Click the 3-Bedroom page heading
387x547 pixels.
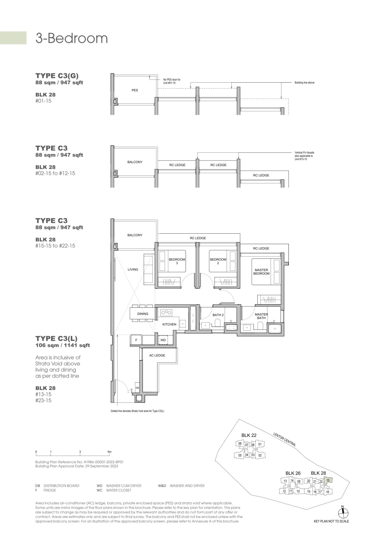pyautogui.click(x=71, y=38)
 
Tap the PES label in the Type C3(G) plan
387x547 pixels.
pyautogui.click(x=135, y=90)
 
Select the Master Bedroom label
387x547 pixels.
pyautogui.click(x=261, y=272)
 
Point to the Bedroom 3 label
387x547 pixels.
pyautogui.click(x=177, y=261)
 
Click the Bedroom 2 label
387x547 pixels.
pyautogui.click(x=218, y=261)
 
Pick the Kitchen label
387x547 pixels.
pyautogui.click(x=169, y=324)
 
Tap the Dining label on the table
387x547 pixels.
pyautogui.click(x=143, y=314)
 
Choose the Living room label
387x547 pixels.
pyautogui.click(x=133, y=269)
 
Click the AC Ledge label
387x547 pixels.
pyautogui.click(x=157, y=355)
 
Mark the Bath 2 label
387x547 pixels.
pyautogui.click(x=218, y=315)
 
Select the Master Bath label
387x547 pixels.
pyautogui.click(x=261, y=316)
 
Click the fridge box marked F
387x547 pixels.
pyautogui.click(x=136, y=340)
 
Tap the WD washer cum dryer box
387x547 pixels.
pyautogui.click(x=163, y=340)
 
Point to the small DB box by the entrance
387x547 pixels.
pyautogui.click(x=137, y=388)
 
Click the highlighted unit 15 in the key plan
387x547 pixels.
pyautogui.click(x=328, y=481)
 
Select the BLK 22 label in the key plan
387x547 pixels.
pyautogui.click(x=249, y=435)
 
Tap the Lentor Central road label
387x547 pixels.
pyautogui.click(x=284, y=440)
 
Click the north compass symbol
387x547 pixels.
pyautogui.click(x=342, y=513)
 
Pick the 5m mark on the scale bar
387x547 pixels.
pyautogui.click(x=109, y=452)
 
